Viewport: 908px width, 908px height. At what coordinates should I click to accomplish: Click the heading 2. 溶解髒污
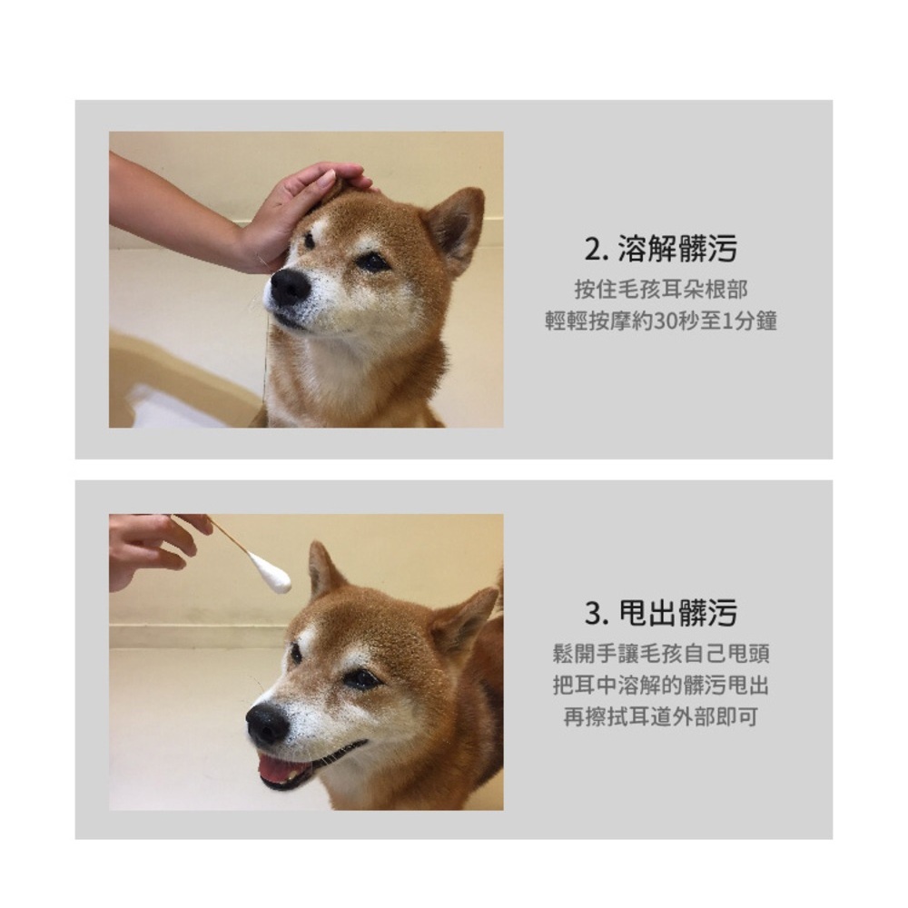(660, 249)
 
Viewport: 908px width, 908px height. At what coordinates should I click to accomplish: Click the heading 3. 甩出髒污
(660, 613)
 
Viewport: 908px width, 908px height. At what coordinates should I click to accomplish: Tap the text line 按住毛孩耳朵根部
(661, 290)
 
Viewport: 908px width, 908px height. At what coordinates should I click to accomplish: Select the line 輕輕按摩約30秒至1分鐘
(661, 321)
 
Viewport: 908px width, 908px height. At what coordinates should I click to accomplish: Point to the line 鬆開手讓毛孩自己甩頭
(661, 655)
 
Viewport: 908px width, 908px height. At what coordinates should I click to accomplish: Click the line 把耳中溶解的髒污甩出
(661, 686)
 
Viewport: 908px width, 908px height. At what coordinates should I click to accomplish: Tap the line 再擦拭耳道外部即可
(661, 717)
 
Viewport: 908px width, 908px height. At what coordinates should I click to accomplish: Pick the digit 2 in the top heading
(592, 250)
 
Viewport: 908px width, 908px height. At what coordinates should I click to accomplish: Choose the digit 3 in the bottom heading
(593, 614)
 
